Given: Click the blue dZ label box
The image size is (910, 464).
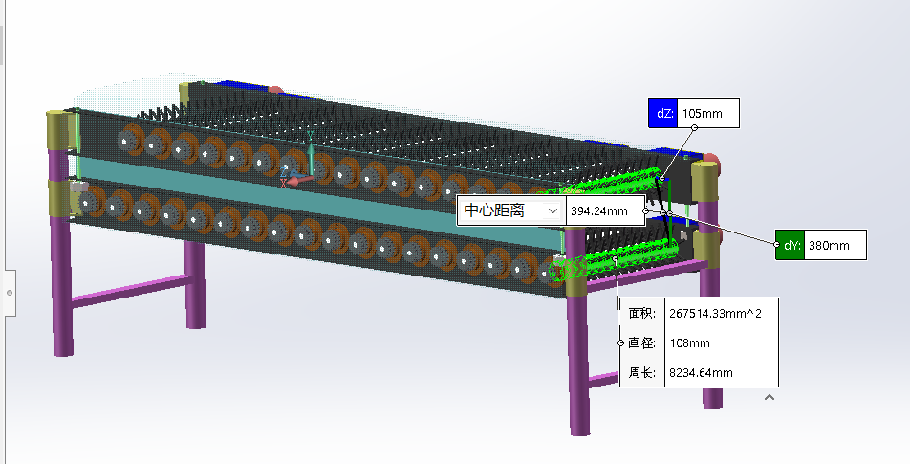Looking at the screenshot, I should [661, 113].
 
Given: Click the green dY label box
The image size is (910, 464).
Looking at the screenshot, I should [791, 245].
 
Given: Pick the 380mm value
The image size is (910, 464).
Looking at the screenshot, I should [834, 245].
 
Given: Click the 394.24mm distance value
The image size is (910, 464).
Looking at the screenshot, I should [604, 211].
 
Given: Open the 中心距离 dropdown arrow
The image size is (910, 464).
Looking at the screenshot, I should [552, 211].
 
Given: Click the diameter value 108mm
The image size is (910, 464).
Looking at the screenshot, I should [689, 342].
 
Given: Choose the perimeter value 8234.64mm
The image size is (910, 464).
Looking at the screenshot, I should [701, 372].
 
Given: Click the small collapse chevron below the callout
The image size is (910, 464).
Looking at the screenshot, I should [769, 397].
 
